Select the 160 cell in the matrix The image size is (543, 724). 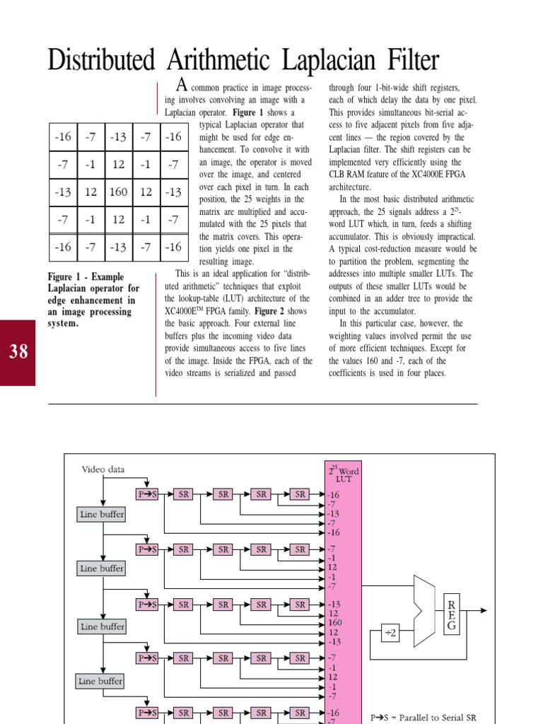click(x=118, y=192)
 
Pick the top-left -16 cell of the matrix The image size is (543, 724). click(x=63, y=136)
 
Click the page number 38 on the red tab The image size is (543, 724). click(x=18, y=351)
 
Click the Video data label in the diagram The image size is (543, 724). click(x=104, y=469)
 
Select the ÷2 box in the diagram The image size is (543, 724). click(x=390, y=633)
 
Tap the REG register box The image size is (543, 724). click(x=450, y=614)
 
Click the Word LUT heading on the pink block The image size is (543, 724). click(x=344, y=474)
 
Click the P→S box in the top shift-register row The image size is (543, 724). click(x=146, y=494)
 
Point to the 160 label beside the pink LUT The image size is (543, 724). click(x=334, y=623)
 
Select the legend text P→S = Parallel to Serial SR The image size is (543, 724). click(x=424, y=717)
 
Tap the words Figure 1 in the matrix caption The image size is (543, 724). click(x=66, y=277)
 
